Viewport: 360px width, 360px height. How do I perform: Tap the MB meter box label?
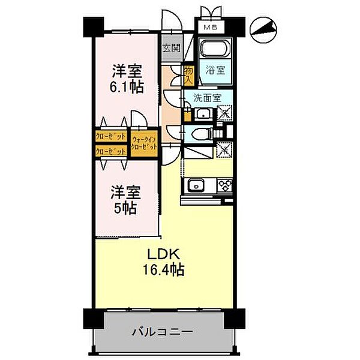[210, 28]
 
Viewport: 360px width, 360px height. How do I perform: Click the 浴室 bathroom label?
[216, 70]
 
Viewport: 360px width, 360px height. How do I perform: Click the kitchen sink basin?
[196, 185]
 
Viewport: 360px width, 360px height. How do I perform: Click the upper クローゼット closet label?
[110, 137]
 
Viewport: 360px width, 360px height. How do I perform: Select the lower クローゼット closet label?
[110, 151]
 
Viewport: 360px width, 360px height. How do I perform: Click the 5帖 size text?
[127, 208]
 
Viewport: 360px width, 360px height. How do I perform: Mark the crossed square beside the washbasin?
[224, 112]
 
